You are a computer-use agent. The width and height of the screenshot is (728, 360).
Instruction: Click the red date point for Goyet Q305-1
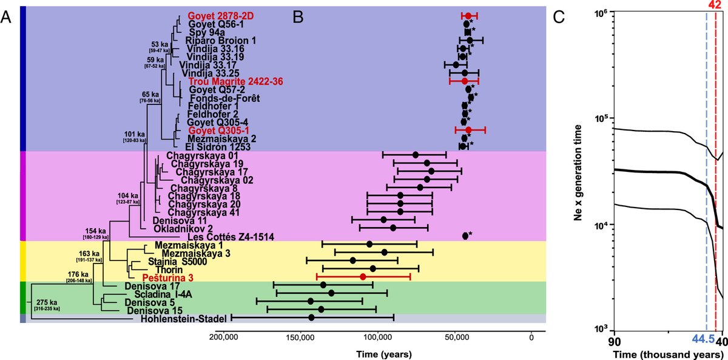(x=468, y=130)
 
